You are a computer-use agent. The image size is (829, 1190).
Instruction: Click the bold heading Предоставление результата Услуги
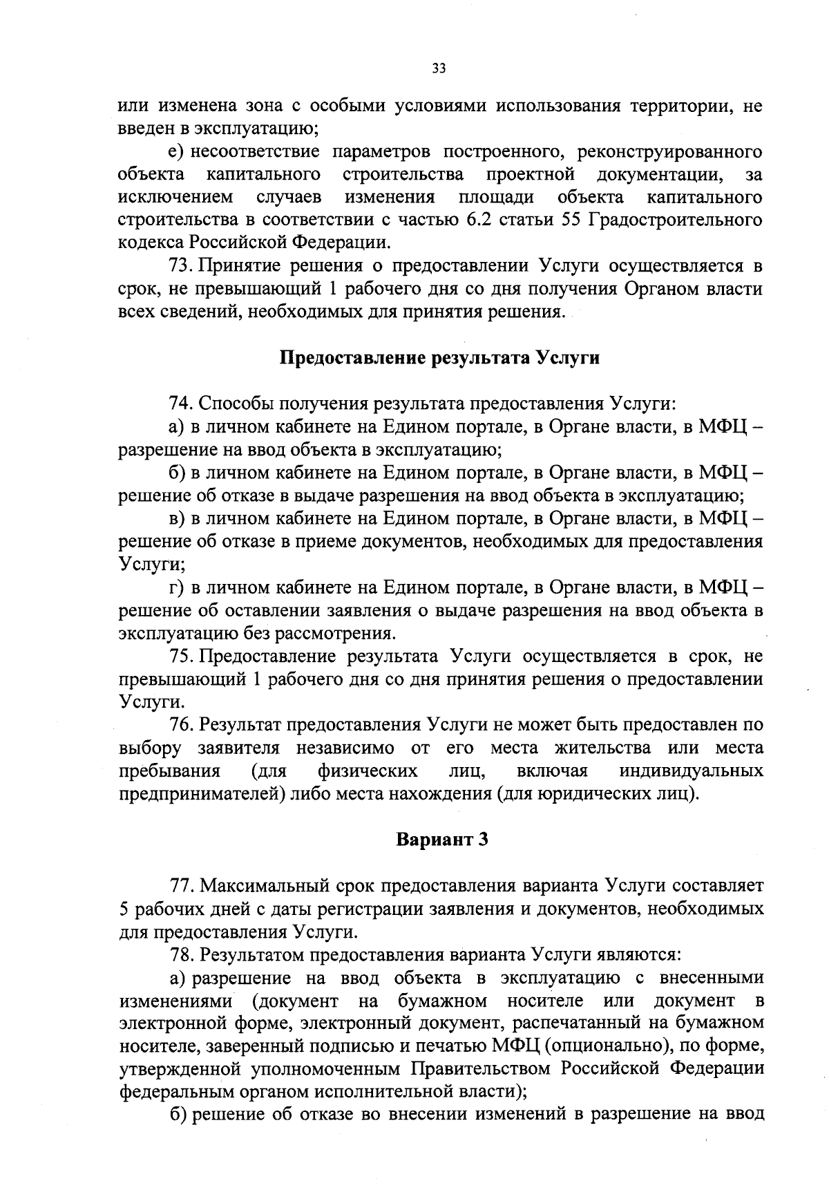(439, 358)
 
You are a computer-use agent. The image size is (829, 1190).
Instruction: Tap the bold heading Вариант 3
(442, 840)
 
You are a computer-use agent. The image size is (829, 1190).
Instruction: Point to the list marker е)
(177, 152)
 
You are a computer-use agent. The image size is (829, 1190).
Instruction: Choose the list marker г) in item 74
(177, 587)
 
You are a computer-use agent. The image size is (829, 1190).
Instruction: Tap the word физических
(367, 771)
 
